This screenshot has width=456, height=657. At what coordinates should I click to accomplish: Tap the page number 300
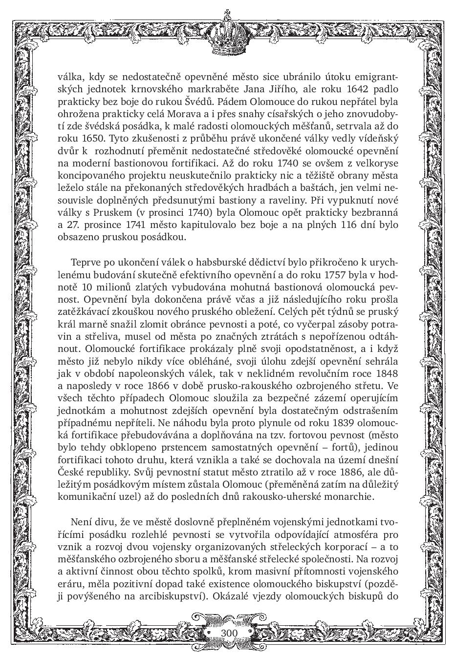tap(229, 633)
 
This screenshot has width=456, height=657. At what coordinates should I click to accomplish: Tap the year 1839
tap(344, 422)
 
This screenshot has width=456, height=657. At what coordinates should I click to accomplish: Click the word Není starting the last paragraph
tap(82, 522)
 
